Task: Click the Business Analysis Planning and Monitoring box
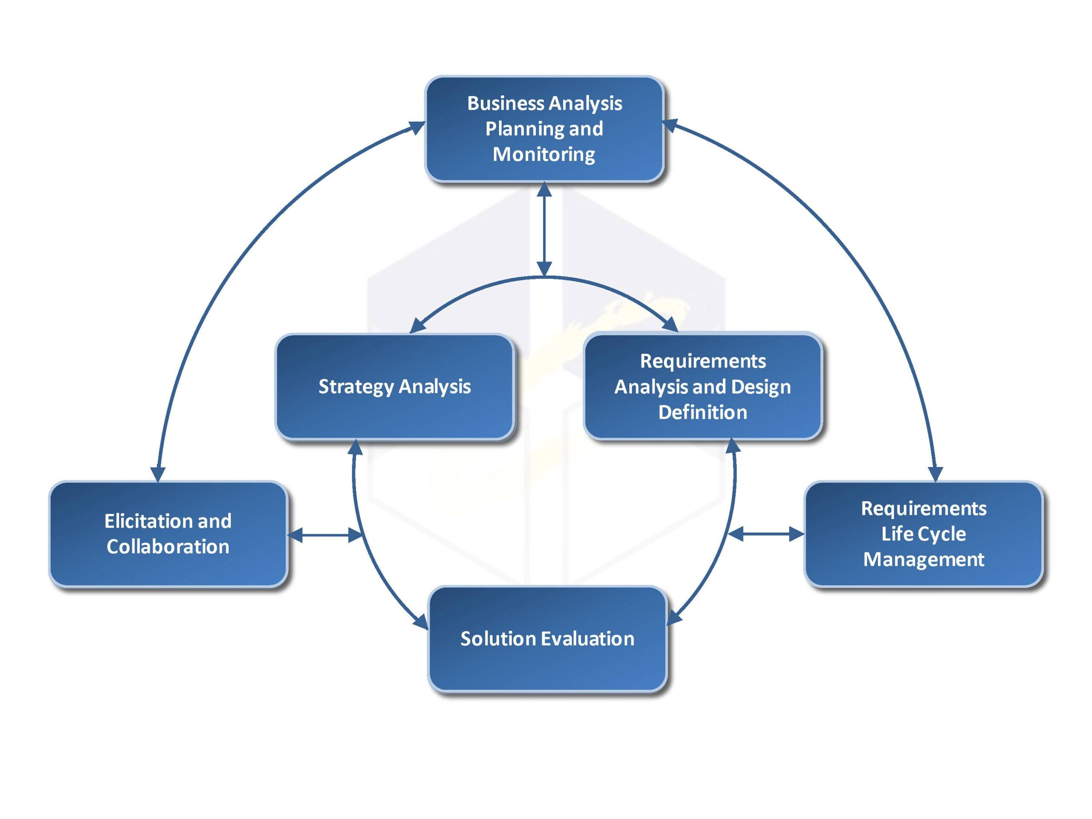pyautogui.click(x=544, y=129)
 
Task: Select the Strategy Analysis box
pyautogui.click(x=395, y=386)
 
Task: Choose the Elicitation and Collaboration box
pyautogui.click(x=168, y=534)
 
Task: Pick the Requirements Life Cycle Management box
pyautogui.click(x=924, y=534)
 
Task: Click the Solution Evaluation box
pyautogui.click(x=547, y=639)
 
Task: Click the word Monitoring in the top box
pyautogui.click(x=544, y=154)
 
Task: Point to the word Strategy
pyautogui.click(x=356, y=387)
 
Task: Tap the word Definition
pyautogui.click(x=703, y=412)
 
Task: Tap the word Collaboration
pyautogui.click(x=168, y=547)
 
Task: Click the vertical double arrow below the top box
pyautogui.click(x=544, y=229)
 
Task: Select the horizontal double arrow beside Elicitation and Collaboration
pyautogui.click(x=325, y=534)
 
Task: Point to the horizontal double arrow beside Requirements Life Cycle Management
pyautogui.click(x=766, y=534)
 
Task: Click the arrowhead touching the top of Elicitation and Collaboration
pyautogui.click(x=157, y=474)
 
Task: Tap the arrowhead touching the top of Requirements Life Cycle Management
pyautogui.click(x=935, y=474)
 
